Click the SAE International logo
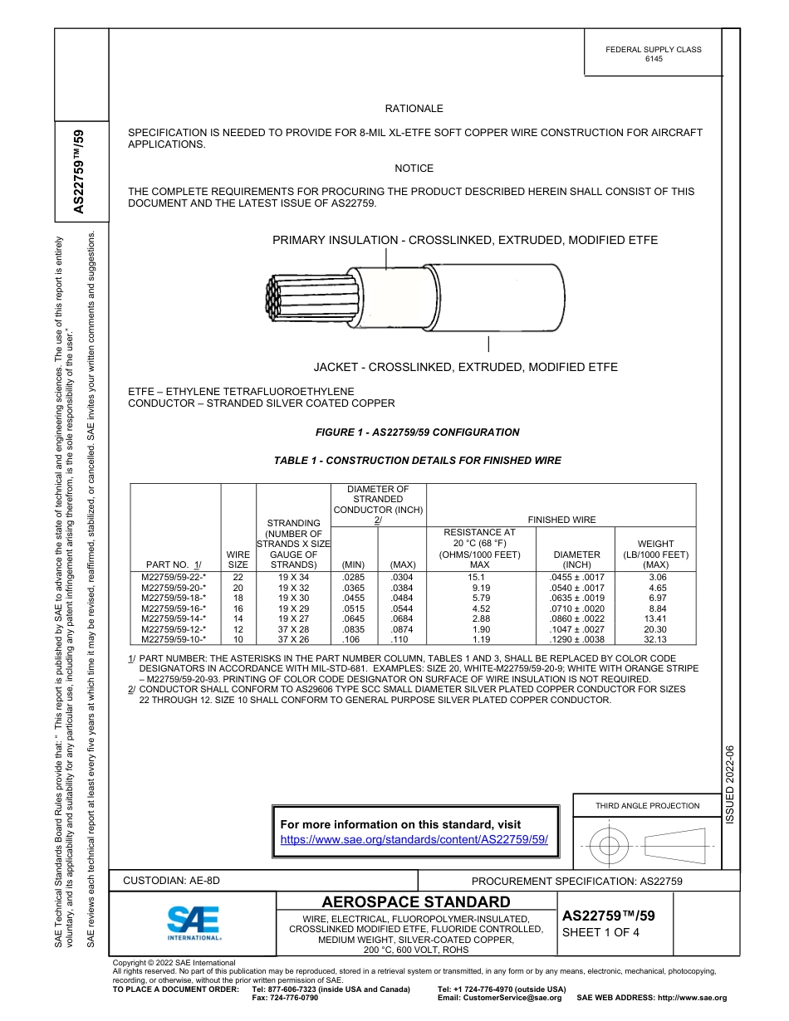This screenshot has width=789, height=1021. pos(194,922)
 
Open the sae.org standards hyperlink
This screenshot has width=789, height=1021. pos(414,839)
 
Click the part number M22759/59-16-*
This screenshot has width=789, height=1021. pos(174,608)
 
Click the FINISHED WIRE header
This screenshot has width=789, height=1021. pos(561,520)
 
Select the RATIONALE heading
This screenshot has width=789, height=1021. pos(414,109)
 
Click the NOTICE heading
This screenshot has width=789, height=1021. pos(414,169)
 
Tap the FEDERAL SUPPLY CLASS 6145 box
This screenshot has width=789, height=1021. pos(653,54)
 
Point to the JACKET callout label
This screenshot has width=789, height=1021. pos(465,367)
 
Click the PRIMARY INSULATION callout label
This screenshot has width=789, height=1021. pos(465,240)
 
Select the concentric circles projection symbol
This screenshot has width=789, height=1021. pos(609,847)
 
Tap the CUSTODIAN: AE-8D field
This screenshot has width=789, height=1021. pos(173,881)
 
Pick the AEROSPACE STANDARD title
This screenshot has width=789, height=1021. pos(416,901)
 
